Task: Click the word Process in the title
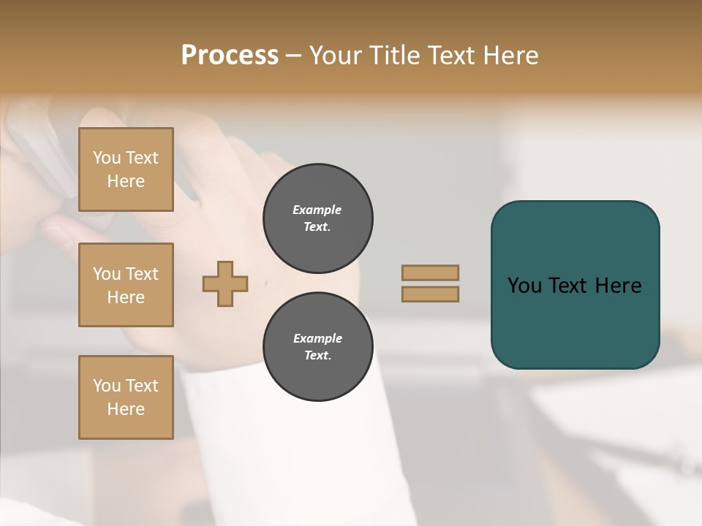coord(230,55)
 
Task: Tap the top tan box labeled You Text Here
coord(126,169)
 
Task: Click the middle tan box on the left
coord(126,285)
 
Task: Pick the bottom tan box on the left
coord(126,397)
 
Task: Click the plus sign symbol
coord(225,283)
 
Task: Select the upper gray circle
coord(317,218)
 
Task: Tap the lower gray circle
coord(317,347)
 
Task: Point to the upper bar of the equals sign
coord(430,272)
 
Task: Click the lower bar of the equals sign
coord(430,294)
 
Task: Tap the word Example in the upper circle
coord(317,210)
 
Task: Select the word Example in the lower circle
coord(317,338)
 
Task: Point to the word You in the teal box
coord(524,286)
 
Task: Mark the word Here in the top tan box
coord(126,181)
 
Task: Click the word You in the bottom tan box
coord(107,386)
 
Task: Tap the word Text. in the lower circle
coord(317,356)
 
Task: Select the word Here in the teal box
coord(618,286)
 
